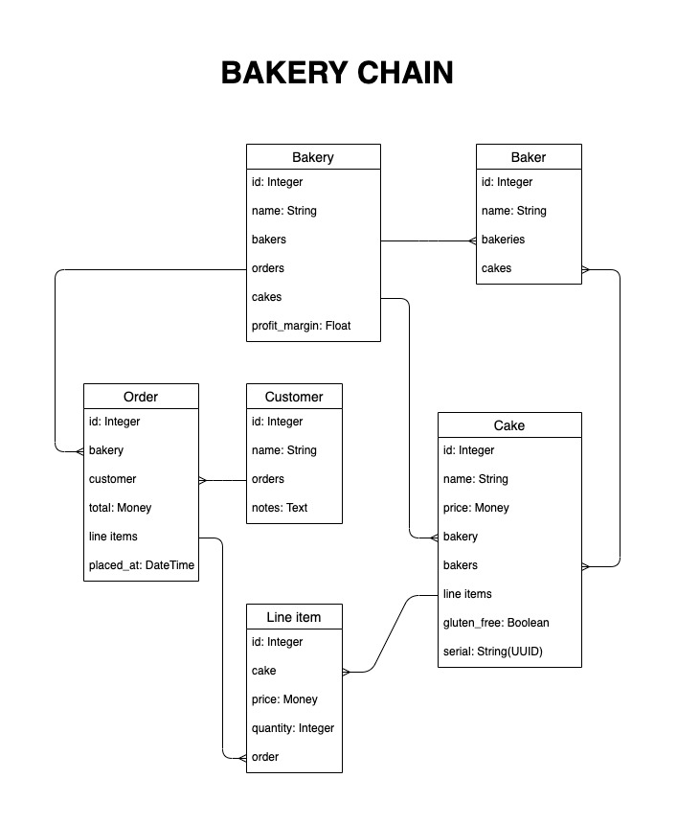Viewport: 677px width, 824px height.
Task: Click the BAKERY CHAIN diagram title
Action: click(337, 73)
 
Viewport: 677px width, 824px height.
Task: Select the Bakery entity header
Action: click(313, 157)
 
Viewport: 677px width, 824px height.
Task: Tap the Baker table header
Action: click(529, 157)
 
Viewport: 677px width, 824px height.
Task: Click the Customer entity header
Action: click(294, 397)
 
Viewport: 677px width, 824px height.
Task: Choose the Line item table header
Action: click(294, 617)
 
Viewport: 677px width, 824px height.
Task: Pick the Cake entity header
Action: click(509, 425)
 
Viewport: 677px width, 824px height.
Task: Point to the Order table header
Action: click(141, 397)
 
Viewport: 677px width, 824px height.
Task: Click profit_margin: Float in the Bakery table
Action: click(301, 326)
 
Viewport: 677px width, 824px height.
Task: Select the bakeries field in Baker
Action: click(503, 240)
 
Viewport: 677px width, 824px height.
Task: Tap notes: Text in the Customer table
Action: click(280, 508)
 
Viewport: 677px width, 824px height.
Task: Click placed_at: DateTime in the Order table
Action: click(142, 565)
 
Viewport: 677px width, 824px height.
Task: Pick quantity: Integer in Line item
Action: click(293, 728)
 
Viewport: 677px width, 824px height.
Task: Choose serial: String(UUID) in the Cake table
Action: click(492, 652)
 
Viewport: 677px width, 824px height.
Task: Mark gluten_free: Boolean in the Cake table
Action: click(496, 623)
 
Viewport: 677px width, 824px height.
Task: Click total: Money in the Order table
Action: click(120, 508)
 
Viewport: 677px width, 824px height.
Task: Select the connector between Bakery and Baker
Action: click(429, 241)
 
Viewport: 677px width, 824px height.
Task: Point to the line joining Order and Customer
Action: click(223, 480)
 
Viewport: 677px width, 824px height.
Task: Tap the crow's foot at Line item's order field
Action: click(242, 758)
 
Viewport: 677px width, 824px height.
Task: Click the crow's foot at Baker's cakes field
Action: click(586, 270)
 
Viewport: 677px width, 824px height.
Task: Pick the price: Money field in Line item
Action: click(284, 699)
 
